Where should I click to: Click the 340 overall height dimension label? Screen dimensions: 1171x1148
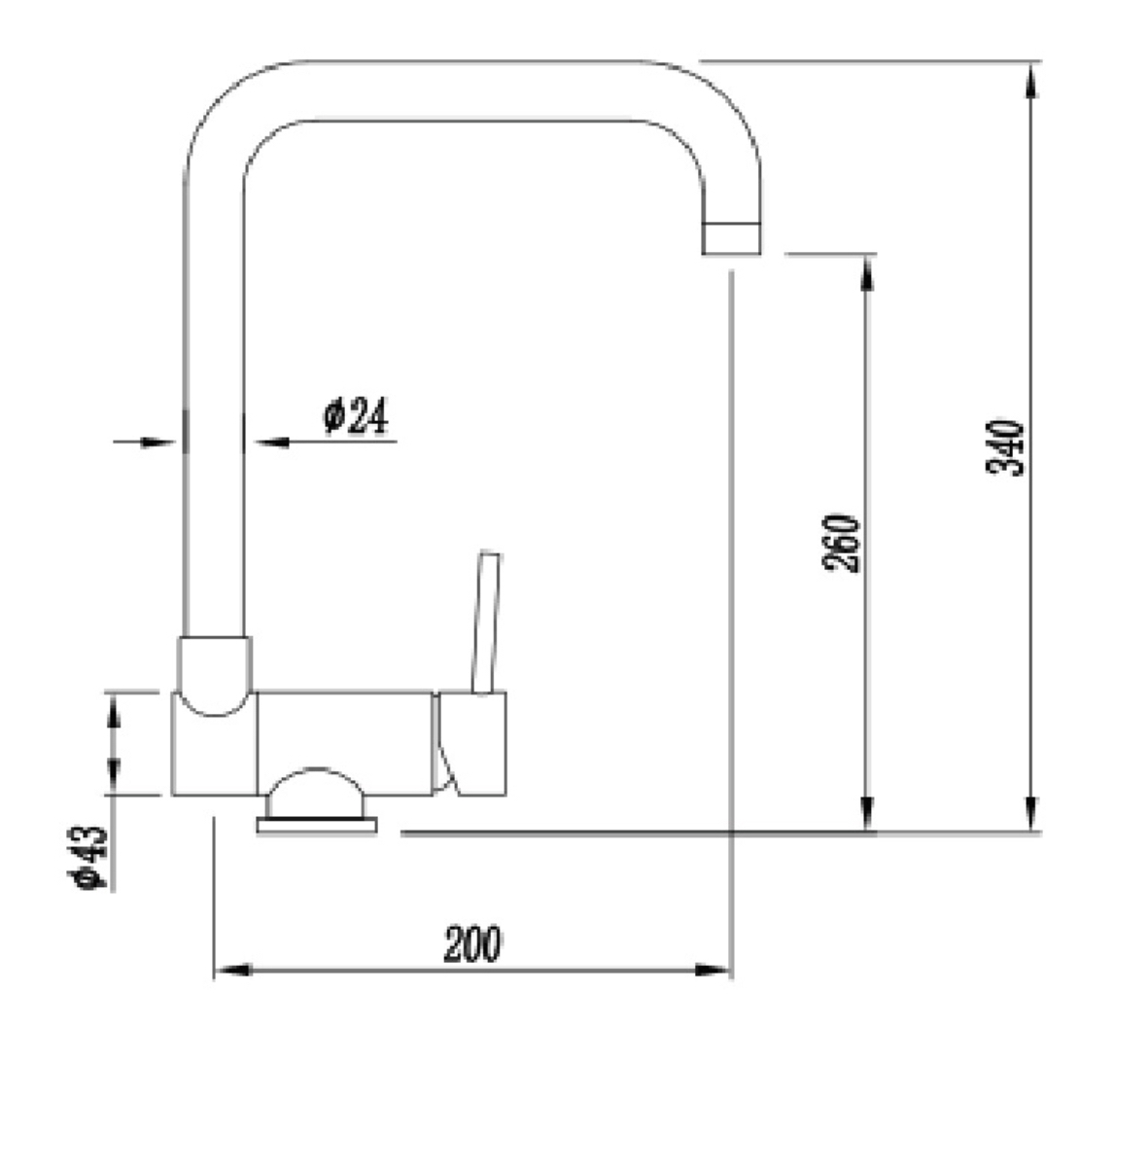click(x=1005, y=446)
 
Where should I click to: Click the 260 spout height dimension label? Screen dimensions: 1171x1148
click(x=843, y=543)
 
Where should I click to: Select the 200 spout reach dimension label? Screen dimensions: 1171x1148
click(x=473, y=943)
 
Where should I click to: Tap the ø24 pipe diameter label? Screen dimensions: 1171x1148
click(x=355, y=416)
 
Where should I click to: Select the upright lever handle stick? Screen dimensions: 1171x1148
click(x=485, y=622)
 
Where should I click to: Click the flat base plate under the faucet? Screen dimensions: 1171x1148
click(x=316, y=826)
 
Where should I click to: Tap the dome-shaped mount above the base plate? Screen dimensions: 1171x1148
click(x=315, y=794)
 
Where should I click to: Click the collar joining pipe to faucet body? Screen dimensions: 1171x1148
click(x=214, y=671)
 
